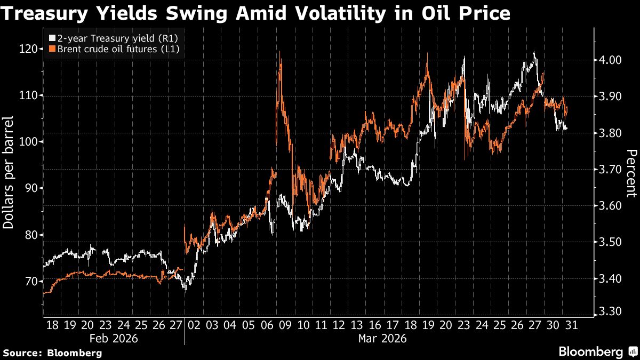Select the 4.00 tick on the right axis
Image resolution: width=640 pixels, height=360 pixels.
tap(609, 60)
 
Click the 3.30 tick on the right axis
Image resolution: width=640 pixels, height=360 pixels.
tap(609, 311)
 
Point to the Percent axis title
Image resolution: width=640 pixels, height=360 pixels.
tap(631, 173)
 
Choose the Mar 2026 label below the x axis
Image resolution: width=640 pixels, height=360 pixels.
tap(382, 338)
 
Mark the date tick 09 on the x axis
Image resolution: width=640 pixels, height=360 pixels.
tap(286, 325)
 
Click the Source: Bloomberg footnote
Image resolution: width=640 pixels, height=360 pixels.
tap(52, 353)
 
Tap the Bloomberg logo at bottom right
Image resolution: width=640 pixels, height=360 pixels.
tap(597, 351)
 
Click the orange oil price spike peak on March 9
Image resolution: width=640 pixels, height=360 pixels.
tap(280, 52)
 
